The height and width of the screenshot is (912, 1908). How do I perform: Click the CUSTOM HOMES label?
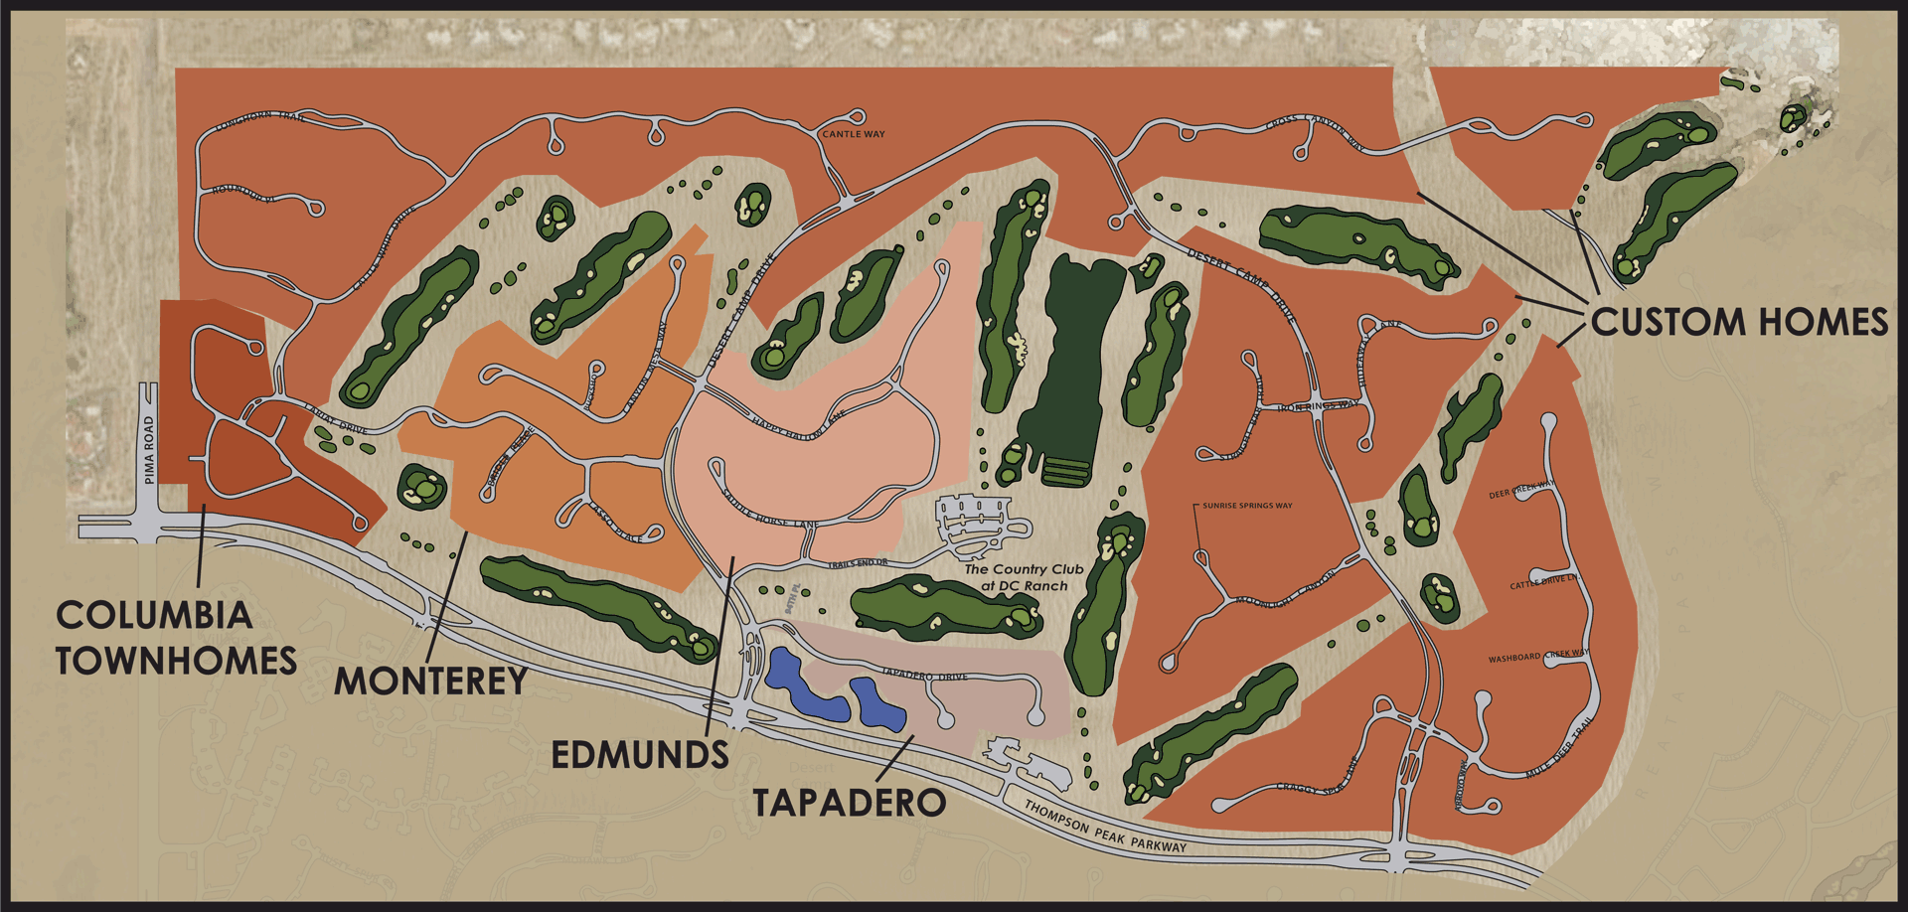pyautogui.click(x=1739, y=323)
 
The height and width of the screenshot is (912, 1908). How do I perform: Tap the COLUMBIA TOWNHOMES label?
pyautogui.click(x=176, y=638)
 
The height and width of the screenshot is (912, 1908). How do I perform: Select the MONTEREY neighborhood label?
pyautogui.click(x=430, y=682)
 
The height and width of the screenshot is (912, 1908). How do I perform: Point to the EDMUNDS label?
pyautogui.click(x=640, y=755)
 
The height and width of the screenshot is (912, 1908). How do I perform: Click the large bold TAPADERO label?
pyautogui.click(x=849, y=803)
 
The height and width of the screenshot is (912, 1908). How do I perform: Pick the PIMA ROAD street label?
pyautogui.click(x=150, y=450)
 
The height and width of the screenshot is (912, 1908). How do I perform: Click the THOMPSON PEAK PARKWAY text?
pyautogui.click(x=1105, y=828)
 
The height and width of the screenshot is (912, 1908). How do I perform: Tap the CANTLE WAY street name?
pyautogui.click(x=854, y=134)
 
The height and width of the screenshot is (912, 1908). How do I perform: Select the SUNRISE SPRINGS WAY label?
pyautogui.click(x=1247, y=506)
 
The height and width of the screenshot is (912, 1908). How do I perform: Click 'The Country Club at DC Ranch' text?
pyautogui.click(x=1024, y=577)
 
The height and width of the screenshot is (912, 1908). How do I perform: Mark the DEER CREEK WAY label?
pyautogui.click(x=1521, y=490)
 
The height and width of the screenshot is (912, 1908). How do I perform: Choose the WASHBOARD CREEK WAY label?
pyautogui.click(x=1537, y=657)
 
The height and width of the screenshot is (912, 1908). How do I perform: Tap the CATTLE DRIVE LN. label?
pyautogui.click(x=1543, y=582)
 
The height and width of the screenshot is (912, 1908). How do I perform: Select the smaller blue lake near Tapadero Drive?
pyautogui.click(x=876, y=705)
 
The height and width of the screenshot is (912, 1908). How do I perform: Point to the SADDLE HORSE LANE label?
pyautogui.click(x=770, y=510)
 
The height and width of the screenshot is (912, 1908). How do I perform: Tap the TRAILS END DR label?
pyautogui.click(x=858, y=563)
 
